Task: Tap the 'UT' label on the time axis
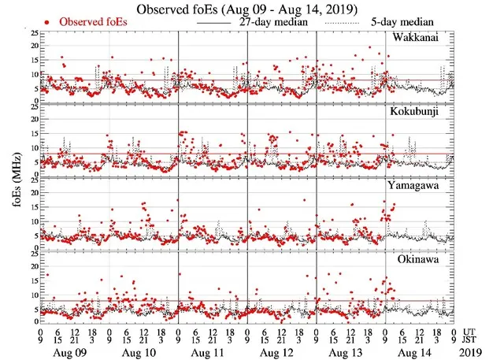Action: [469, 331]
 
